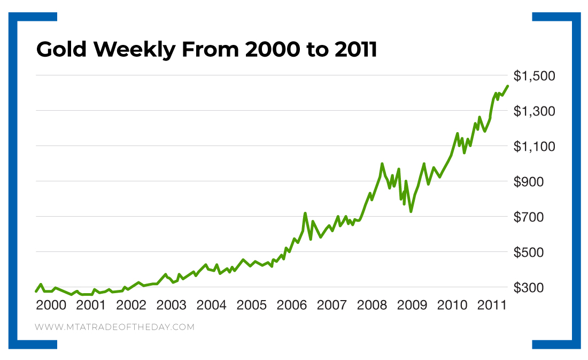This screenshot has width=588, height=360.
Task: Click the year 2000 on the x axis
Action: tap(51, 305)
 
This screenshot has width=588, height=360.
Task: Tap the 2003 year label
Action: tap(172, 305)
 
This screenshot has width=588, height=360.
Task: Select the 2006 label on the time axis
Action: tap(292, 305)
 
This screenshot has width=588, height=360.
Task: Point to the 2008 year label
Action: tap(372, 305)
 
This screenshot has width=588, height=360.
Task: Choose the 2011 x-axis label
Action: tap(492, 305)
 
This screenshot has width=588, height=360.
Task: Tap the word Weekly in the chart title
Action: tap(136, 50)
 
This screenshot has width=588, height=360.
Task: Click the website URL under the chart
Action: tap(114, 327)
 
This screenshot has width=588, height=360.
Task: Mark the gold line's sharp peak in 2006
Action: tap(305, 213)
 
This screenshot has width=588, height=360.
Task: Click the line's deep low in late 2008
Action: tap(411, 211)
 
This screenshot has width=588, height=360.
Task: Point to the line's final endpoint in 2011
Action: tap(507, 86)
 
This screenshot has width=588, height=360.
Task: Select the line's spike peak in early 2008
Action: tap(382, 164)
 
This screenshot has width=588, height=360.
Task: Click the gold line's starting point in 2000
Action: tap(36, 291)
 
